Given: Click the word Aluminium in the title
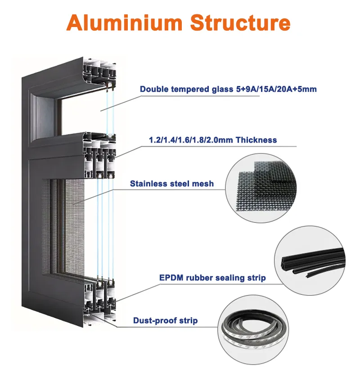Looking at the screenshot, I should (x=120, y=23).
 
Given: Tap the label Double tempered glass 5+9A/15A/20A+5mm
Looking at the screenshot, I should (x=228, y=89).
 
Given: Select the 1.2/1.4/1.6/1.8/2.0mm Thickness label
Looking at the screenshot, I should (x=213, y=140).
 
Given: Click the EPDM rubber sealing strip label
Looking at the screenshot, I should (x=212, y=278).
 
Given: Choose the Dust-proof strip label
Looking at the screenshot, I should (x=165, y=321).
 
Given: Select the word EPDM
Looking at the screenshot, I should (x=169, y=278).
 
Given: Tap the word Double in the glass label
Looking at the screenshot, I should (x=152, y=89).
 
